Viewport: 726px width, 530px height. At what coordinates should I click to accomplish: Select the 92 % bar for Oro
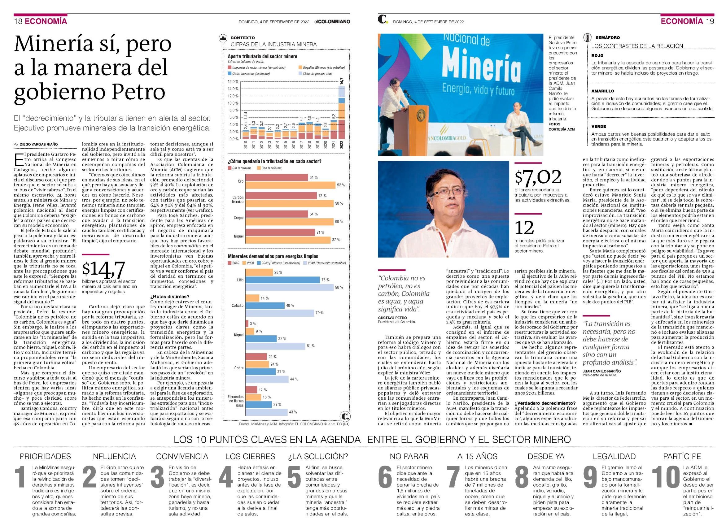291,185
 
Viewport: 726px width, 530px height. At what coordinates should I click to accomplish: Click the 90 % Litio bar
289,288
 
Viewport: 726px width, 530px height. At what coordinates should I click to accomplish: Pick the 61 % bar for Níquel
275,346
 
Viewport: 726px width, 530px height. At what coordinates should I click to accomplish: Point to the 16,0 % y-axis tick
233,81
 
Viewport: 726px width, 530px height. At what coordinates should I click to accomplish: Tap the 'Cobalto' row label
238,306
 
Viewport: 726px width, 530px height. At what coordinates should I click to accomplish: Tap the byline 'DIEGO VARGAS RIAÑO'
38,144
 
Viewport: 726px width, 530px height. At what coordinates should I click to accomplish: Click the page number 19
710,21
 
